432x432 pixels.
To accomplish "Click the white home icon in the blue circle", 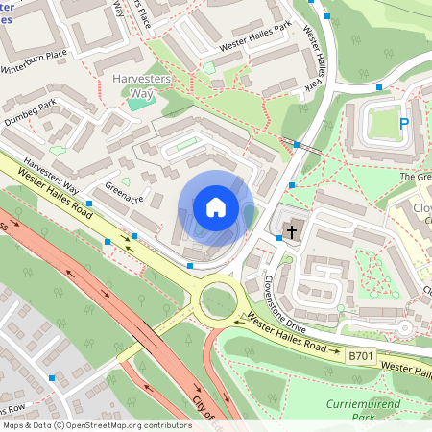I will (216, 206).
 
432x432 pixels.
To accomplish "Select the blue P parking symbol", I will (404, 124).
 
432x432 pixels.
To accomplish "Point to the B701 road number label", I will (360, 356).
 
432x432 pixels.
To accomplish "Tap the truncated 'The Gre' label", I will (416, 177).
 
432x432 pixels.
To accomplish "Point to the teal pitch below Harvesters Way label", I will (139, 102).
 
